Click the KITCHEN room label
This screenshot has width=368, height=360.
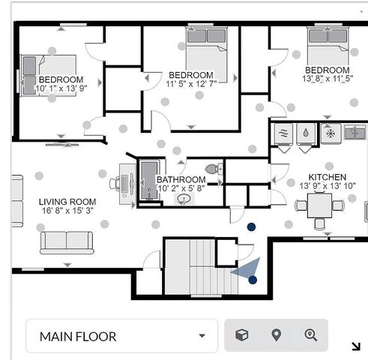pos(328,177)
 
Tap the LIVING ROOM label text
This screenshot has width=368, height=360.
pos(67,202)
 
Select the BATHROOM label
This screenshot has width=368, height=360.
pos(181,179)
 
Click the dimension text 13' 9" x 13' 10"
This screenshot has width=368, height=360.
pos(328,186)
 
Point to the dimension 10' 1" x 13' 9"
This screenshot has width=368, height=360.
pos(61,88)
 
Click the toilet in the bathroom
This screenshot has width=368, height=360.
pos(214,169)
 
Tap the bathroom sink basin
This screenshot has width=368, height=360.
pos(184,199)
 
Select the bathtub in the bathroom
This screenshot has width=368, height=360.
pos(149,180)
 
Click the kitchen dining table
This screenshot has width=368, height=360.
pos(319,206)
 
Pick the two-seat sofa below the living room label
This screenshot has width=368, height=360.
pos(67,243)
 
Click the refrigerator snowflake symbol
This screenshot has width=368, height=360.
pos(331,133)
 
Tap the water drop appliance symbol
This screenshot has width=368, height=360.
pos(306,133)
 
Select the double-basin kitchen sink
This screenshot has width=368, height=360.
pos(355,133)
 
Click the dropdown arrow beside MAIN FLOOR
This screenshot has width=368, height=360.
pos(202,335)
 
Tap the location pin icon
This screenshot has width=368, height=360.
pos(276,335)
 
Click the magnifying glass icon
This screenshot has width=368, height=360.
pos(311,335)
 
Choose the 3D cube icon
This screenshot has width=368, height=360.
pos(241,335)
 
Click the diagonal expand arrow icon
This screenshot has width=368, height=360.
pos(356,346)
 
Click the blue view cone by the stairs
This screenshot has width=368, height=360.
pos(248,268)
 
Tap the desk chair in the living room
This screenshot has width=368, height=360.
pos(115,183)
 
